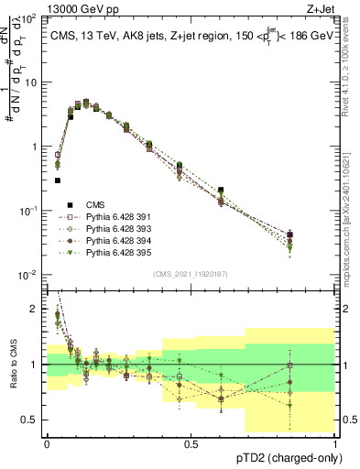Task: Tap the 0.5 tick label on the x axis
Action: [x=191, y=443]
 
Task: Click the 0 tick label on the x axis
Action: [x=47, y=443]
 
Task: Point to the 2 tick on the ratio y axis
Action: [x=35, y=310]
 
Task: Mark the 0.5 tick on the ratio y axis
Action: [x=31, y=420]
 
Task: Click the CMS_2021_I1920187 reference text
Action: [x=191, y=274]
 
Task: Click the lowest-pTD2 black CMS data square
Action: [x=57, y=180]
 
